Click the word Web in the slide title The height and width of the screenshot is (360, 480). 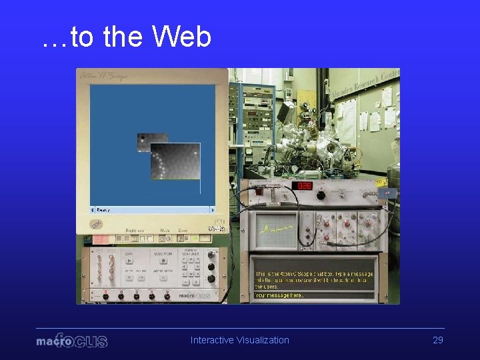point(181,37)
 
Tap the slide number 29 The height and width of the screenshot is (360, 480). point(438,340)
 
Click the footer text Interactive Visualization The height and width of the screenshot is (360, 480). point(240,340)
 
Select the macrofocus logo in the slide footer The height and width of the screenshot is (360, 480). point(71,341)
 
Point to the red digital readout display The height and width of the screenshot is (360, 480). point(305,185)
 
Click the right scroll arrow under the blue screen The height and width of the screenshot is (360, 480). point(212,209)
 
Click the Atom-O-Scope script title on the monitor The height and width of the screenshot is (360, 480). point(105,77)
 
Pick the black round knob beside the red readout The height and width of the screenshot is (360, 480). point(321,195)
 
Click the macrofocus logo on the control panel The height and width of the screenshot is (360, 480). point(195,294)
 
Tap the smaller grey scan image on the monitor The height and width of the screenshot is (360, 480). point(144,141)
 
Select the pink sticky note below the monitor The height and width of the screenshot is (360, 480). point(98,239)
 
